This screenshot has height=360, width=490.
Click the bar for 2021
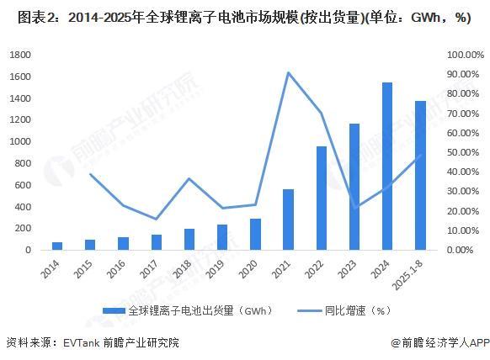(x=288, y=220)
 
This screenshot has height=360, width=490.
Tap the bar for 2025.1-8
(x=420, y=176)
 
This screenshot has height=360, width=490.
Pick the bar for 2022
(x=321, y=199)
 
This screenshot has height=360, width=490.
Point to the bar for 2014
(x=57, y=246)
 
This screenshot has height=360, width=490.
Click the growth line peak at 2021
(x=288, y=72)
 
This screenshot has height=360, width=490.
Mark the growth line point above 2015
(x=90, y=174)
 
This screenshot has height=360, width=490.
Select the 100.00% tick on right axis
(x=465, y=55)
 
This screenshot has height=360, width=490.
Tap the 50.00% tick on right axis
(x=465, y=152)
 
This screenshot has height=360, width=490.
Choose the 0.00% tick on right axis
(x=465, y=250)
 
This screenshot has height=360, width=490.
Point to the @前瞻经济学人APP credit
(x=438, y=342)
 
